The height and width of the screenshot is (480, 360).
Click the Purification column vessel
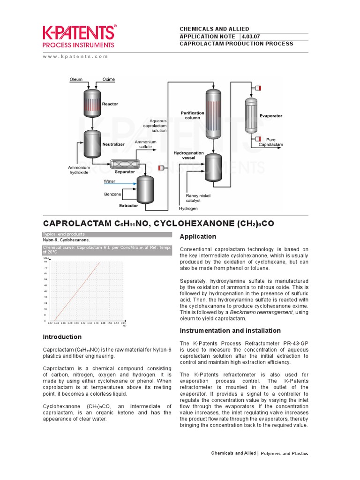tap(214, 114)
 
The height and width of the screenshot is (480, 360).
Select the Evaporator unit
tap(252, 115)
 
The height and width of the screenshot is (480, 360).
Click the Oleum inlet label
tap(76, 79)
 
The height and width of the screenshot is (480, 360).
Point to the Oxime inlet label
tap(109, 79)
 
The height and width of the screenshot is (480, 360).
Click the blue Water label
tap(109, 181)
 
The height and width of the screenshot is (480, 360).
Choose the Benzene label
tap(112, 194)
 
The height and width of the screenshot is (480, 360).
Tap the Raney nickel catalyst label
tap(196, 198)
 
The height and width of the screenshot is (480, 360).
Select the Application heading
tap(198, 236)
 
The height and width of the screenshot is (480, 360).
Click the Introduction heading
tap(62, 337)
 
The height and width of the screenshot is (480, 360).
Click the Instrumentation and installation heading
tap(230, 330)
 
